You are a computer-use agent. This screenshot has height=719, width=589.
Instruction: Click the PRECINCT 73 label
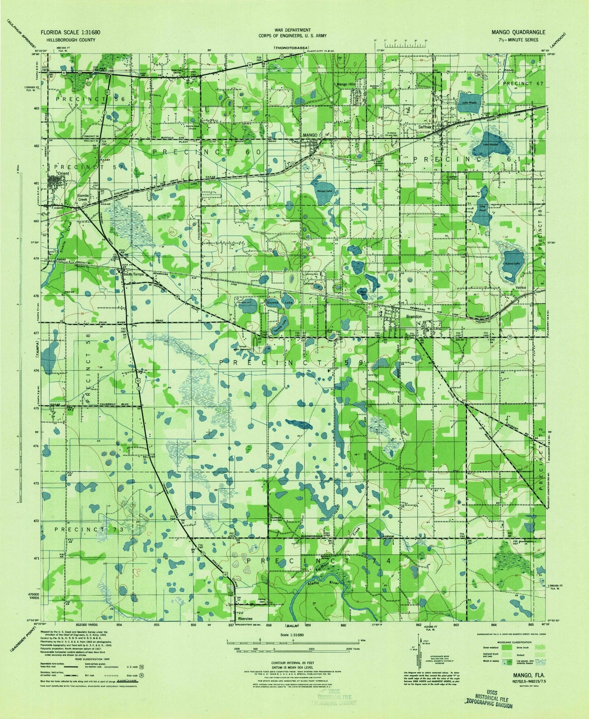coord(90,529)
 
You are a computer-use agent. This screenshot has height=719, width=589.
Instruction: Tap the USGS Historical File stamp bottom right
coord(489,699)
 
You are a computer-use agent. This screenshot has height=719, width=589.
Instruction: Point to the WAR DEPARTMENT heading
coord(294,30)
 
